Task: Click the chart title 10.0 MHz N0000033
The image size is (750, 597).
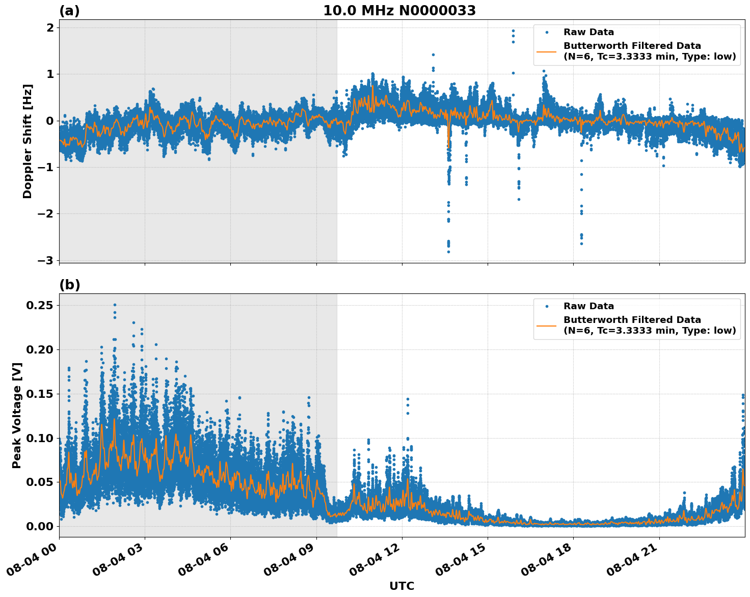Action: click(x=399, y=11)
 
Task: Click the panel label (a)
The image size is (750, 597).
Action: click(x=69, y=11)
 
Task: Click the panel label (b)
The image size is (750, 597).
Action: click(x=69, y=285)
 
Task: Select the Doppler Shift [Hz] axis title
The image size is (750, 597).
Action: click(x=28, y=141)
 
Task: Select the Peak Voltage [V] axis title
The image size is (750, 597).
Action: click(x=17, y=415)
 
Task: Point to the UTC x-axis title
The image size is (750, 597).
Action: click(x=401, y=586)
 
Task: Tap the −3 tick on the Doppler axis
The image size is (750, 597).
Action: click(x=46, y=260)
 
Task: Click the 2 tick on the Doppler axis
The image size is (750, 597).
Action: click(x=50, y=28)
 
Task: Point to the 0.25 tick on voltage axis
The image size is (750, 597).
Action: click(x=39, y=305)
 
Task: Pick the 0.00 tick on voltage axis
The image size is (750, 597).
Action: click(x=39, y=526)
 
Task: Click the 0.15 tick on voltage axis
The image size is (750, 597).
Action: click(x=39, y=394)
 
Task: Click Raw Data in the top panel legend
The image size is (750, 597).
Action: click(x=588, y=32)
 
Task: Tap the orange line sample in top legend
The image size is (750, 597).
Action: click(x=546, y=51)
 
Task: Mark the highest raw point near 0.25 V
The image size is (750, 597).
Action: click(x=115, y=305)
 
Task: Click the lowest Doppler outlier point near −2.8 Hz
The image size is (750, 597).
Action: click(x=448, y=252)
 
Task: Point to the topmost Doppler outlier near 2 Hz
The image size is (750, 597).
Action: click(x=513, y=31)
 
